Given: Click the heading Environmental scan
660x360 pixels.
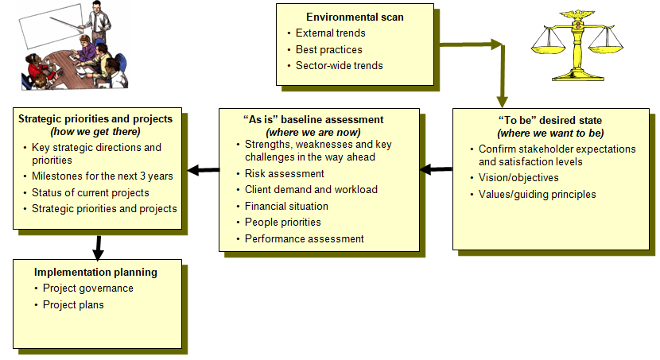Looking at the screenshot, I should point(355,17).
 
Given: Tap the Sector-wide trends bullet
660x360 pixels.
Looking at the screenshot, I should point(339,65).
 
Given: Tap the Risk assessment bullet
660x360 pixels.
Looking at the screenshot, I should point(284,173).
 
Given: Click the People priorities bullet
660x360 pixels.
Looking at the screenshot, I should point(282,223).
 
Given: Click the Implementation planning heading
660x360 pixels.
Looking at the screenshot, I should point(95,272).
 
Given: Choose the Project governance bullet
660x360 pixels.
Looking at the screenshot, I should point(87,288).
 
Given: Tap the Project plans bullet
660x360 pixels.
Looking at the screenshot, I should point(73,304).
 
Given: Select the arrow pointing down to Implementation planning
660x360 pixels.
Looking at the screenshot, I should point(97,247).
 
